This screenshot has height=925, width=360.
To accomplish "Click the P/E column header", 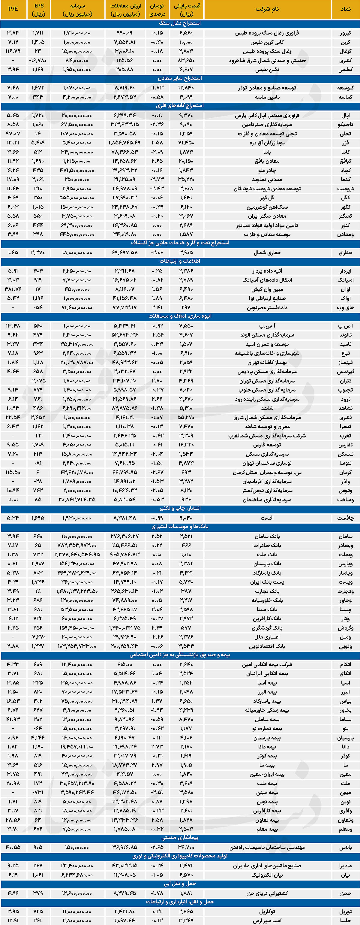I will tap(13, 9).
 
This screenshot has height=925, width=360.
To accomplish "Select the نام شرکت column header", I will tap(267, 9).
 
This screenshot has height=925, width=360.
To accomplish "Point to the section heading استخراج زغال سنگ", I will tap(180, 23).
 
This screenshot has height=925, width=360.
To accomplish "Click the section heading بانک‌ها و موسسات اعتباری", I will tap(180, 527).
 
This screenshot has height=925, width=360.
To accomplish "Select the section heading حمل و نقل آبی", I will tap(180, 884).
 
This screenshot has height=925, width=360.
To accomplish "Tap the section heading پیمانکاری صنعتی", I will tap(180, 838).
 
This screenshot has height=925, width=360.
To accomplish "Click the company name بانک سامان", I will tap(267, 536).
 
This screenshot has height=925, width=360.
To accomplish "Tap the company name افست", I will tap(267, 518).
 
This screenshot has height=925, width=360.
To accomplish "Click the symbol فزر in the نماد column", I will tap(345, 143).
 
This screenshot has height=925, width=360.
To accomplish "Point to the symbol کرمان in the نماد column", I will tap(345, 472).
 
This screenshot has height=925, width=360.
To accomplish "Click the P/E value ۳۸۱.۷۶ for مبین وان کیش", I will tap(13, 289).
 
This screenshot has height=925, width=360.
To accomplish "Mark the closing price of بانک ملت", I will tap(186, 555).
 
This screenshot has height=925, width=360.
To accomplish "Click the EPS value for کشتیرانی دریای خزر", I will tap(38, 893).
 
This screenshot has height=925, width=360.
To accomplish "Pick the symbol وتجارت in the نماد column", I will tap(345, 591).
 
